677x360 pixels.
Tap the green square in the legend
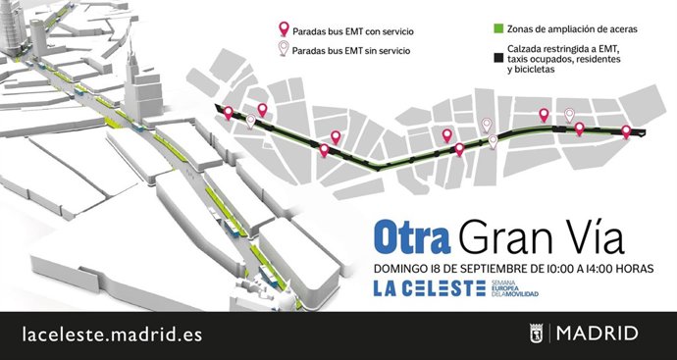(498, 30)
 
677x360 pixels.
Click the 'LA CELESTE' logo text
(429, 288)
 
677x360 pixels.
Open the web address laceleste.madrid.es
(112, 334)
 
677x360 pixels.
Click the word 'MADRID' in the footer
(597, 334)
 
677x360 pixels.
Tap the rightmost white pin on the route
(568, 117)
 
